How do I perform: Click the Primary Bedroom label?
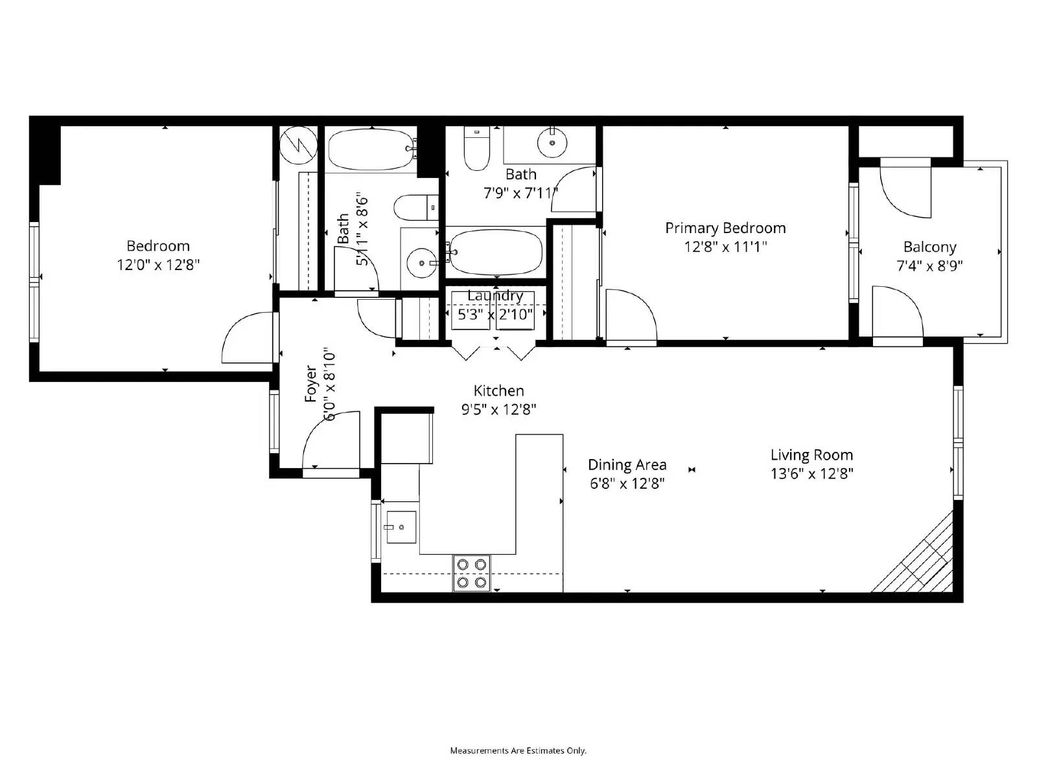tap(725, 228)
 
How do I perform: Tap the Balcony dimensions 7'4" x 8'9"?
tap(929, 265)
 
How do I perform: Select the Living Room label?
tap(811, 455)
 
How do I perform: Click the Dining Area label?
tap(627, 465)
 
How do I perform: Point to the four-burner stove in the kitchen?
tap(471, 573)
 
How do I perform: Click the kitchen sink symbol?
tap(400, 527)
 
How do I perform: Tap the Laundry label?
tap(495, 296)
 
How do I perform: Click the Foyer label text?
tap(311, 383)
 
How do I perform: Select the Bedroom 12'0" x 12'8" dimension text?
tap(157, 264)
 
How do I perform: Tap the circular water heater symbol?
tap(299, 144)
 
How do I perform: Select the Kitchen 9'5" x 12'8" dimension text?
tap(498, 409)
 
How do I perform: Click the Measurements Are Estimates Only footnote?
tap(518, 750)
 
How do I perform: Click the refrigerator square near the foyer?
tap(406, 439)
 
